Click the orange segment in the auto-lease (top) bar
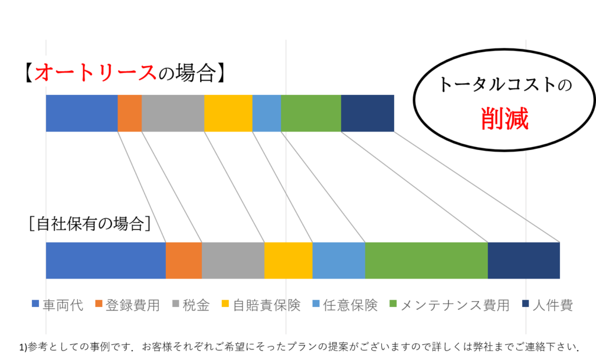click(x=130, y=113)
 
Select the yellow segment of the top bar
click(x=228, y=113)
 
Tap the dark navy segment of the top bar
click(x=368, y=113)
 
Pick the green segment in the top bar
click(x=311, y=113)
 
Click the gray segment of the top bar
click(x=173, y=113)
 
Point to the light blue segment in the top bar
click(x=267, y=113)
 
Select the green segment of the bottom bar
click(x=427, y=261)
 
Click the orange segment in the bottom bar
click(x=184, y=261)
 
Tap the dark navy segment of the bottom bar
click(x=524, y=261)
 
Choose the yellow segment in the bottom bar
click(x=289, y=261)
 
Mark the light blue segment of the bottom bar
click(x=339, y=261)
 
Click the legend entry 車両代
click(x=58, y=305)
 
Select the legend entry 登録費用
click(x=127, y=305)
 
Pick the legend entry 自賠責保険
click(x=261, y=305)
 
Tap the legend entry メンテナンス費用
click(x=450, y=305)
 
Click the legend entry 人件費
click(x=548, y=305)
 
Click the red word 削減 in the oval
click(x=505, y=119)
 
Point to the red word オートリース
click(x=95, y=73)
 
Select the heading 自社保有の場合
click(x=90, y=224)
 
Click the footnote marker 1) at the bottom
click(x=23, y=347)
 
